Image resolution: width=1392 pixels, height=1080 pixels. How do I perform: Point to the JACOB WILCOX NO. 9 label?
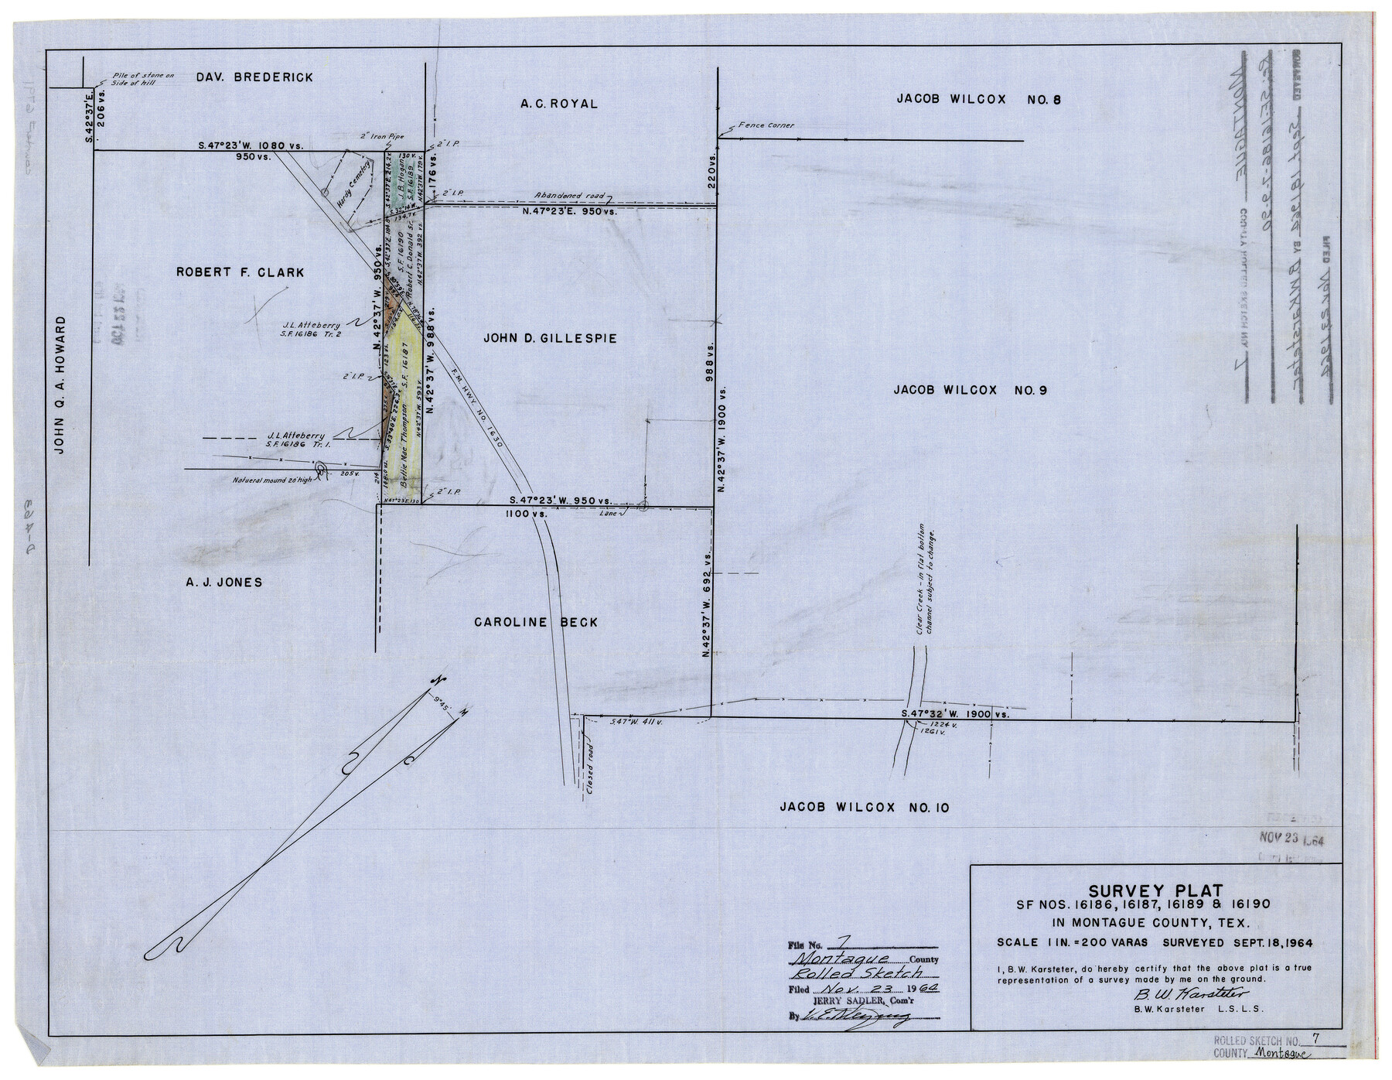pos(970,391)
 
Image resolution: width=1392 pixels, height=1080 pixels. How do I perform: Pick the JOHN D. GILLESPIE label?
pos(550,338)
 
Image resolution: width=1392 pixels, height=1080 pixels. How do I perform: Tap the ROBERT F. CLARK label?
pos(240,272)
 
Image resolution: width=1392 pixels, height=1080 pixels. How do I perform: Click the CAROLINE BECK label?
pos(536,623)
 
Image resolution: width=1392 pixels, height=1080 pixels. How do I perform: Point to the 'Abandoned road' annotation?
pos(570,197)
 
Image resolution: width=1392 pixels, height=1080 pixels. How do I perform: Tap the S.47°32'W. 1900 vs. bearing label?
pos(956,715)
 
